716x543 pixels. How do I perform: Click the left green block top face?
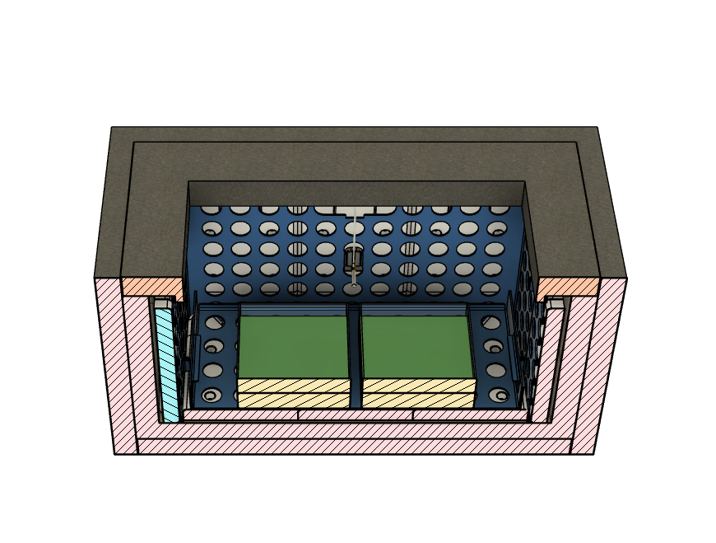(292, 346)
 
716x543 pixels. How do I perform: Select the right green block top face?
(416, 346)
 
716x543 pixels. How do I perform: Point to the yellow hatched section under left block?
(292, 393)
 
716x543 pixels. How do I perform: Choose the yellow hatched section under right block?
(417, 393)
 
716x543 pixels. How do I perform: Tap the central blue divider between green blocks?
(354, 354)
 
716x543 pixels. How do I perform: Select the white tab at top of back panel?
(354, 210)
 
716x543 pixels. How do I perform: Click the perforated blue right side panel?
(524, 330)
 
